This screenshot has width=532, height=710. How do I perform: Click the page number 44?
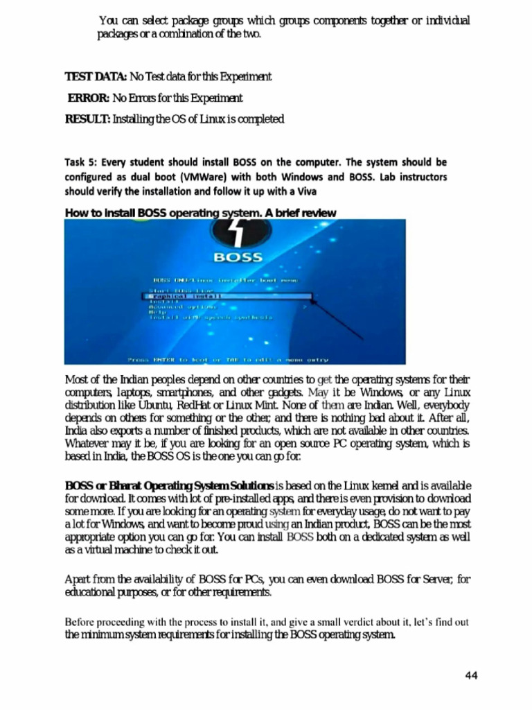click(x=470, y=676)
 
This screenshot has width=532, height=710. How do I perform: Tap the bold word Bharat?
click(x=112, y=484)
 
